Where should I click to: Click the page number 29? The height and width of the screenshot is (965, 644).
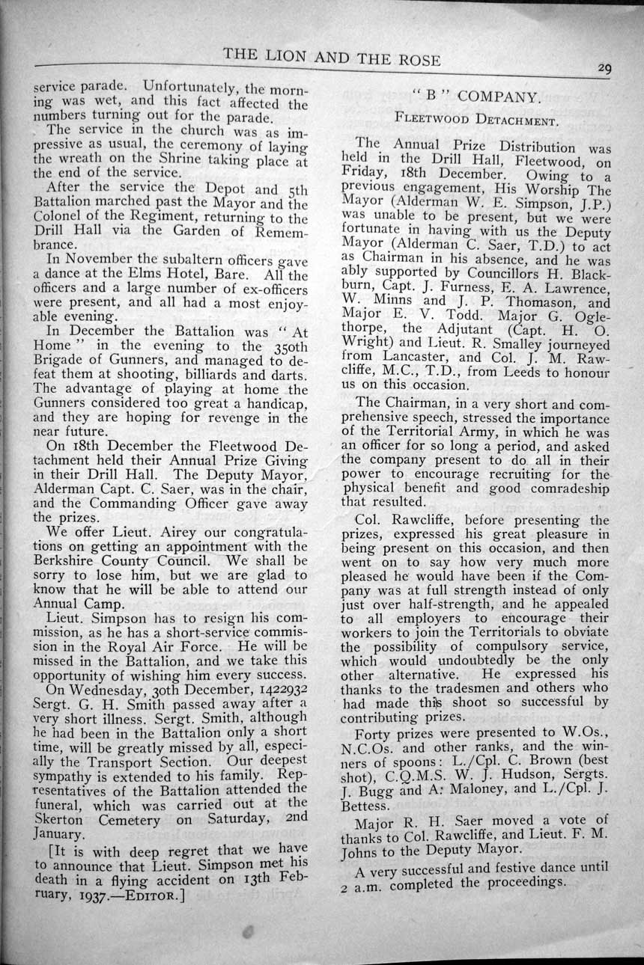point(604,68)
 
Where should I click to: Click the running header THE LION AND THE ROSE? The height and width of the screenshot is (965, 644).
point(332,59)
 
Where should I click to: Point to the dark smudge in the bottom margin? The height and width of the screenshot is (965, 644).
point(249,932)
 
